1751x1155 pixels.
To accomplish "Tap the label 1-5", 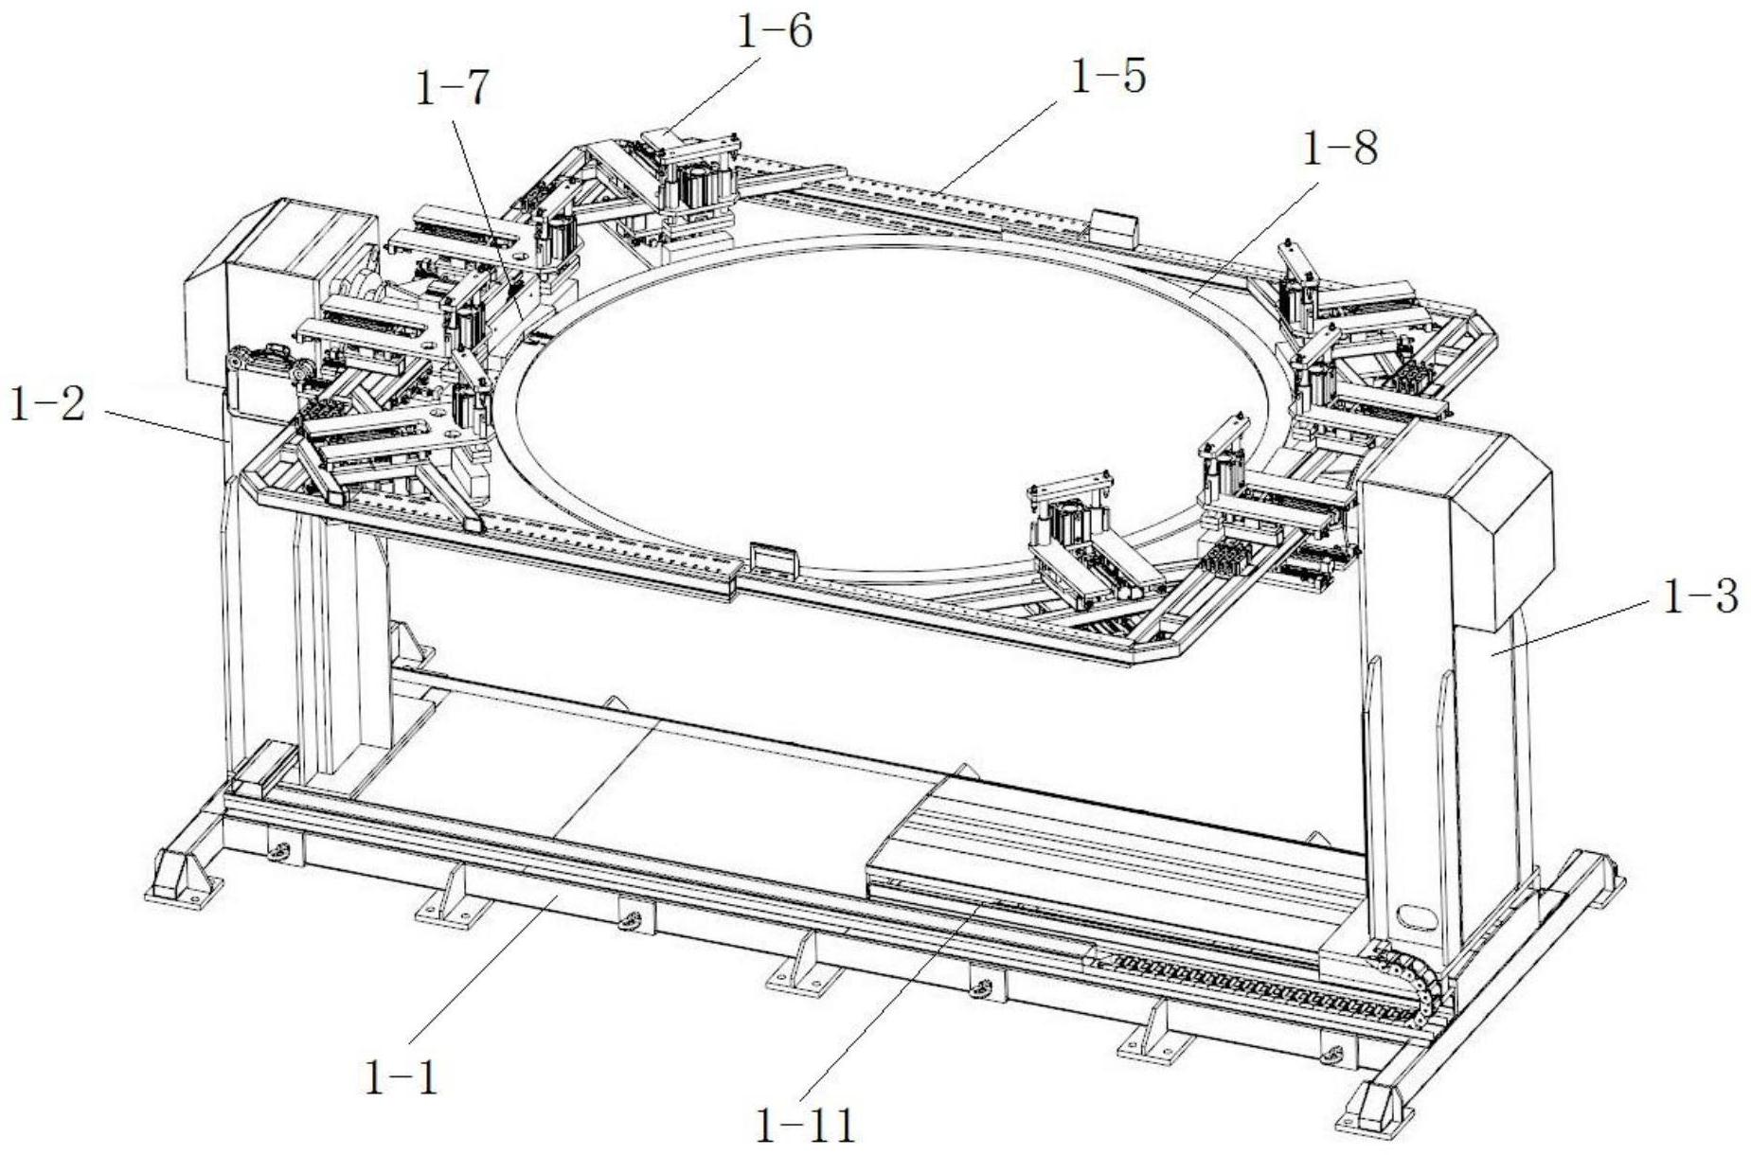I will pos(1108,76).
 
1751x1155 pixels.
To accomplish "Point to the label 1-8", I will pos(1340,149).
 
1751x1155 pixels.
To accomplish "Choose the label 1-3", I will pos(1701,596).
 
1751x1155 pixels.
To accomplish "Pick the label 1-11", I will pos(806,1126).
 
